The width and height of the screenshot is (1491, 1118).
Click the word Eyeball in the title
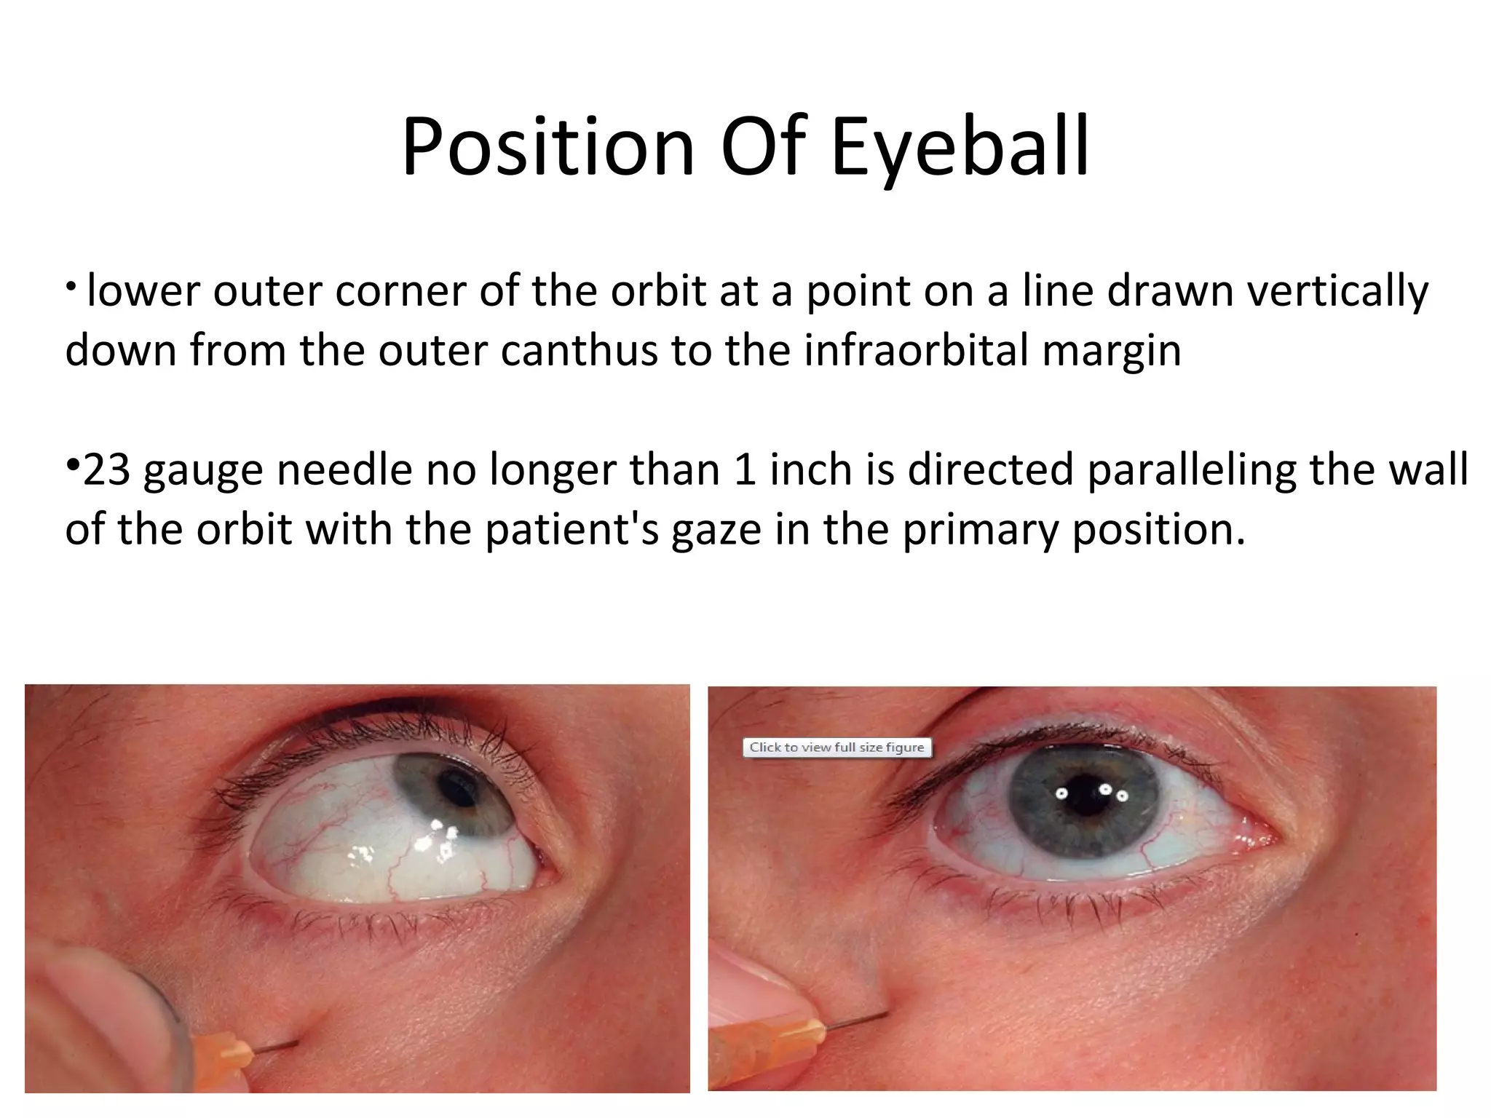tap(960, 148)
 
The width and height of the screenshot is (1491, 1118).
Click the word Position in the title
tap(547, 148)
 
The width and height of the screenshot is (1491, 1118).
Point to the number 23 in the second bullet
tap(107, 469)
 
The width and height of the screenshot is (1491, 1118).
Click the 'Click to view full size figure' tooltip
tap(837, 748)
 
